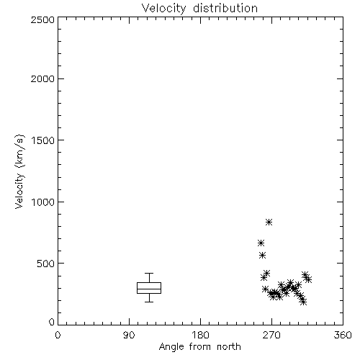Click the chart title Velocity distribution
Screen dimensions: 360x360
click(199, 9)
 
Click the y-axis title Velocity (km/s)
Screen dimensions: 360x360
click(19, 171)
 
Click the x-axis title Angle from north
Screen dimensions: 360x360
click(199, 347)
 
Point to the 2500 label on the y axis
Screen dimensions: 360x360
click(42, 19)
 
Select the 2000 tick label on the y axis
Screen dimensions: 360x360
click(42, 78)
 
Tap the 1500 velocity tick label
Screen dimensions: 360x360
click(43, 140)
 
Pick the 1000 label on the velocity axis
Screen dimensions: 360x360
click(43, 202)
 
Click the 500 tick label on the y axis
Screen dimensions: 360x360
click(46, 264)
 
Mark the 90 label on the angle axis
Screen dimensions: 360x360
click(129, 335)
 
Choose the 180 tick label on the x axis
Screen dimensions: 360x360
click(200, 335)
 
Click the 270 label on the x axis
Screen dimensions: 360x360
click(271, 335)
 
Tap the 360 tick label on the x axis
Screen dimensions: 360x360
click(343, 335)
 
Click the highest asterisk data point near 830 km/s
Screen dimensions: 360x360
click(269, 222)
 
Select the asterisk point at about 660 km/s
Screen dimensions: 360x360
click(261, 243)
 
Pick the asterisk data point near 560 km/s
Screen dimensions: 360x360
click(263, 255)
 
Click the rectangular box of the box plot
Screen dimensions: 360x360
click(149, 283)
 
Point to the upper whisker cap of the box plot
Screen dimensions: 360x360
click(149, 273)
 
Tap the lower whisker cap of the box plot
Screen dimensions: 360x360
click(149, 302)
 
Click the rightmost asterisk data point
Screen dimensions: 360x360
click(308, 279)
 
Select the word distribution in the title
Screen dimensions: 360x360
click(225, 9)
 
